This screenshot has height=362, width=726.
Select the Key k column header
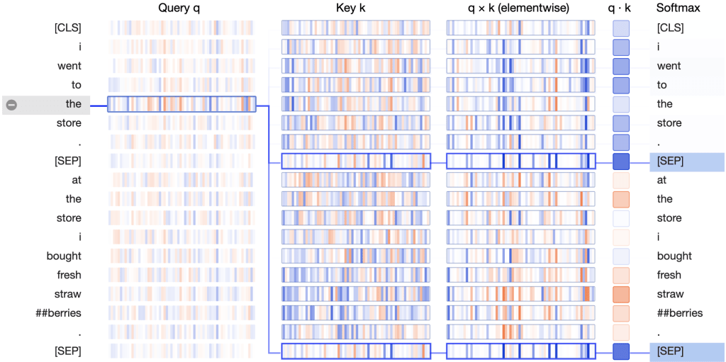pos(355,9)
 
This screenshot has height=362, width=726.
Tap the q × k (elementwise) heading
pos(520,9)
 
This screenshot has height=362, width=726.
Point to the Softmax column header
pos(678,9)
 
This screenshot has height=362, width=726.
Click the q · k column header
pos(621,9)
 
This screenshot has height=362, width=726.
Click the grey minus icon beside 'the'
pos(11,104)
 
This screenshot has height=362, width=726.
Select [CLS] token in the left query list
pos(67,28)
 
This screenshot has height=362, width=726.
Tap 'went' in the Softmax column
pos(669,66)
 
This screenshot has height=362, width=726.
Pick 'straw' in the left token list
pos(67,294)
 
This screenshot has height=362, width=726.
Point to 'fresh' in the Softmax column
pos(669,275)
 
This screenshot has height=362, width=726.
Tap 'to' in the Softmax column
pos(662,85)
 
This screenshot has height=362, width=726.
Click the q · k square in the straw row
pos(621,294)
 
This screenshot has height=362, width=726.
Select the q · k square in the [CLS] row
pos(621,28)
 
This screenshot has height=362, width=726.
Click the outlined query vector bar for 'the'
pos(181,104)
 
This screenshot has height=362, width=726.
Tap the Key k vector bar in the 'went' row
pos(355,66)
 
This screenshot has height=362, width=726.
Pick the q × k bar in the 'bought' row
pos(520,256)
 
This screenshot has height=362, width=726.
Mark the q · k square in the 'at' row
pos(621,180)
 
